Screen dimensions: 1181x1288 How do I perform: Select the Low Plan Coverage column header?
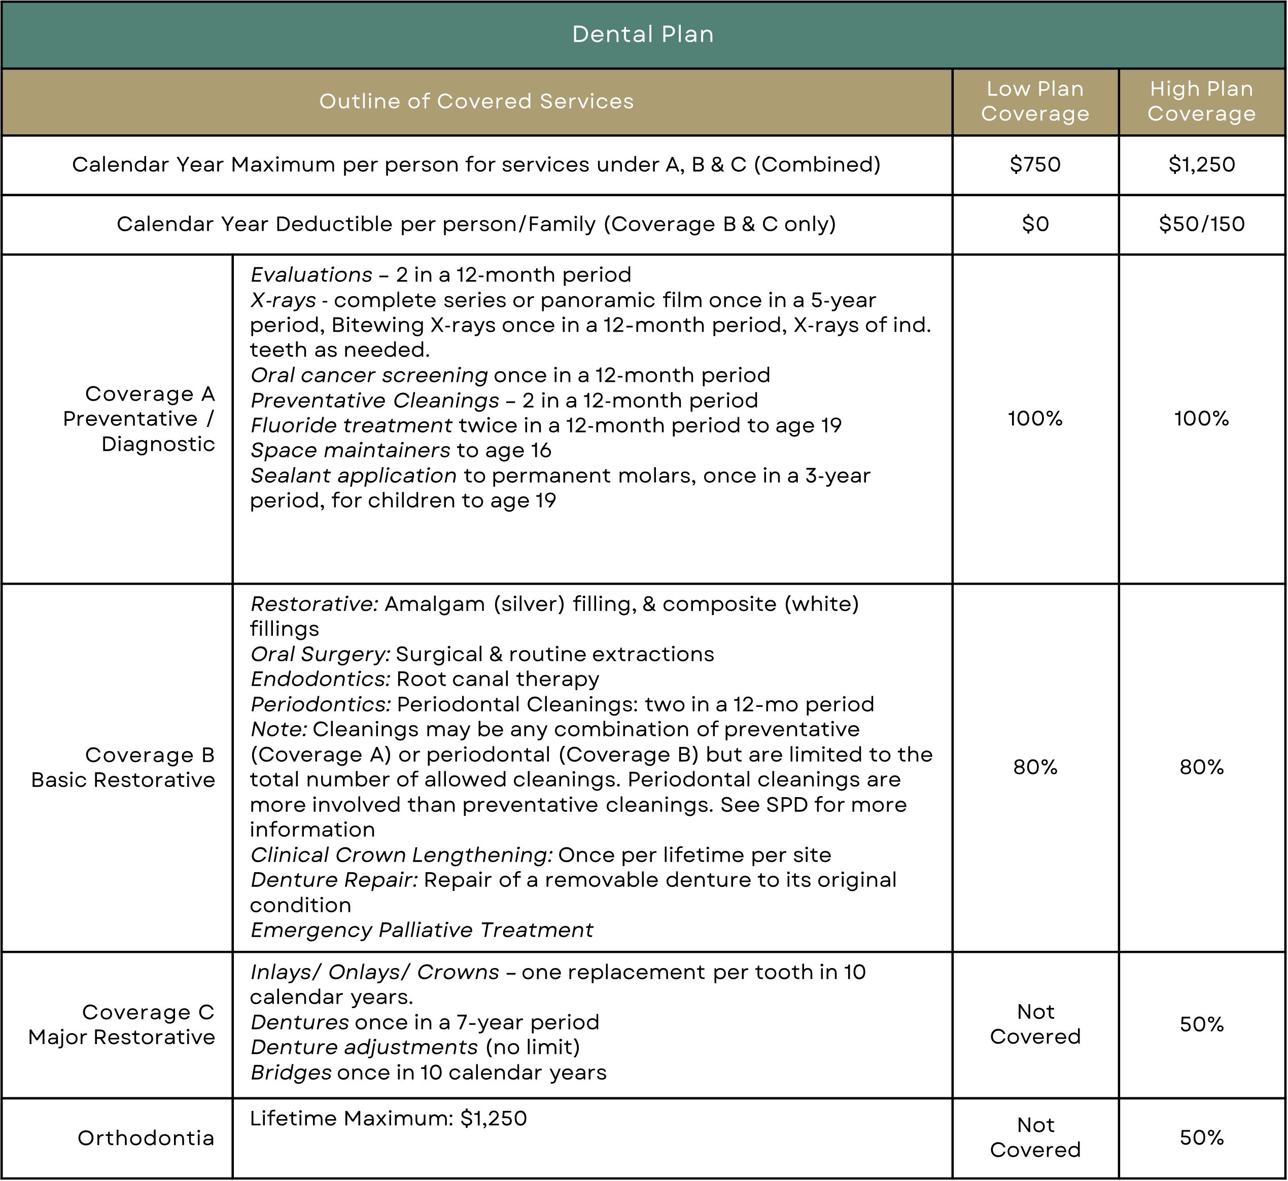click(x=1035, y=101)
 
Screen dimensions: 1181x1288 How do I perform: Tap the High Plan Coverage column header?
click(x=1201, y=101)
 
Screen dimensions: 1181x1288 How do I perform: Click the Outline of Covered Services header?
click(x=476, y=101)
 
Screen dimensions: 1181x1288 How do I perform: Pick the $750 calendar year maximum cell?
click(x=1035, y=165)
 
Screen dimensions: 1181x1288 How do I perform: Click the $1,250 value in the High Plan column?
click(x=1201, y=165)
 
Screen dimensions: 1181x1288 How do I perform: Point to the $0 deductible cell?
click(x=1035, y=224)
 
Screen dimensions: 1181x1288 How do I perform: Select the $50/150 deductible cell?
click(x=1201, y=224)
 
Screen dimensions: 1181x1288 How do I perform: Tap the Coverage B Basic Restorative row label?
click(x=123, y=767)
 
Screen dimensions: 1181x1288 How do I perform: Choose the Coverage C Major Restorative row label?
click(x=121, y=1024)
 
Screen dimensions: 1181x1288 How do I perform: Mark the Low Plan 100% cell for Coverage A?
click(x=1035, y=418)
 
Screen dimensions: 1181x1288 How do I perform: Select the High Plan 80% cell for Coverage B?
click(x=1201, y=767)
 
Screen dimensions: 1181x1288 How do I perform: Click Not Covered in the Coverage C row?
click(x=1035, y=1024)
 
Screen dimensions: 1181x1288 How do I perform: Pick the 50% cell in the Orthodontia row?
click(x=1201, y=1137)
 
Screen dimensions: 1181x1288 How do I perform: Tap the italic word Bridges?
click(x=291, y=1072)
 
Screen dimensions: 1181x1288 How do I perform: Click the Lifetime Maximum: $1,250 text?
click(x=388, y=1118)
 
